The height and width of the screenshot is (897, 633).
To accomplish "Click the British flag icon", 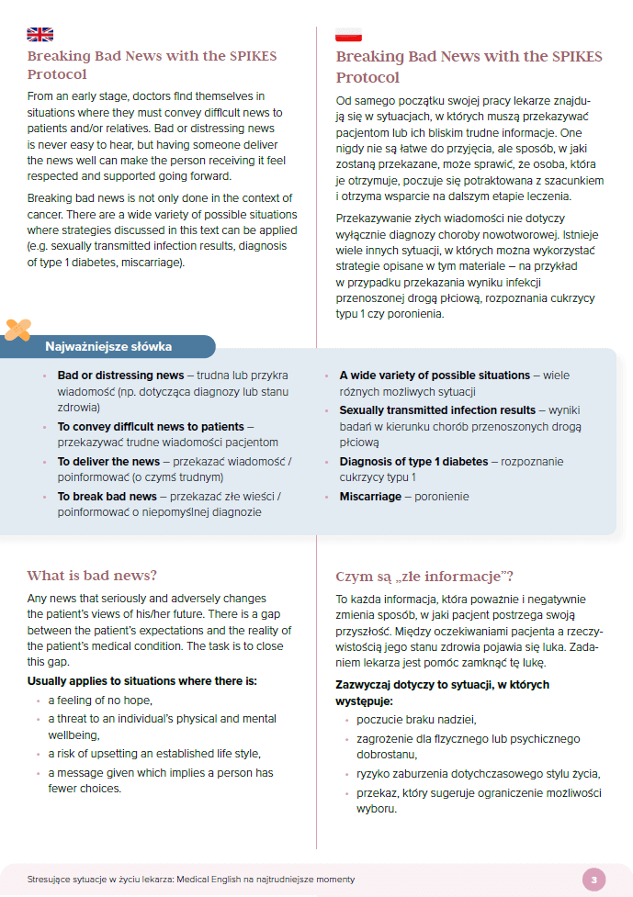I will pyautogui.click(x=40, y=35).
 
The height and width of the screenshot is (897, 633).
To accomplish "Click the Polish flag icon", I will pyautogui.click(x=348, y=35).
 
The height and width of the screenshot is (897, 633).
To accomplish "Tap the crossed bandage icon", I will pyautogui.click(x=18, y=328).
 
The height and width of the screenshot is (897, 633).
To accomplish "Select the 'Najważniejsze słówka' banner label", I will pyautogui.click(x=107, y=347).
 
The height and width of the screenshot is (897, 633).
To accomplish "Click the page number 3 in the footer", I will pyautogui.click(x=593, y=880).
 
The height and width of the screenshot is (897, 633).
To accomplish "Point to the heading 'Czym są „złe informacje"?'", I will pyautogui.click(x=424, y=577).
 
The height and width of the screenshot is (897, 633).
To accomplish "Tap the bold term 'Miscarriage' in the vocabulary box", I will pyautogui.click(x=370, y=496).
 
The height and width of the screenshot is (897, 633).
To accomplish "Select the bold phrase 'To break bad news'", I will pyautogui.click(x=107, y=496).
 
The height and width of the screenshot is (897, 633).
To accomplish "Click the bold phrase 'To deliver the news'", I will pyautogui.click(x=108, y=461).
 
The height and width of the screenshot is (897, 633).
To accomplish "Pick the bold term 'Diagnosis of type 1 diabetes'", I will pyautogui.click(x=414, y=461).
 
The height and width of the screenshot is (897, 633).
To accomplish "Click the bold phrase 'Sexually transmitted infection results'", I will pyautogui.click(x=437, y=409).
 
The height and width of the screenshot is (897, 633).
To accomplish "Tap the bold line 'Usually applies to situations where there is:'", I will pyautogui.click(x=142, y=681).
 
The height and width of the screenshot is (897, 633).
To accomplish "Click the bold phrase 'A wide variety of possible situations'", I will pyautogui.click(x=435, y=375).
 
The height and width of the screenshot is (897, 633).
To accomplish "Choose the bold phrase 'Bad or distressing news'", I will pyautogui.click(x=120, y=375).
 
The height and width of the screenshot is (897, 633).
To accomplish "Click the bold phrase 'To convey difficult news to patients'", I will pyautogui.click(x=151, y=426).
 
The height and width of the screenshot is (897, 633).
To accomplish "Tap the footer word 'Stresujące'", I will pyautogui.click(x=51, y=880).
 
